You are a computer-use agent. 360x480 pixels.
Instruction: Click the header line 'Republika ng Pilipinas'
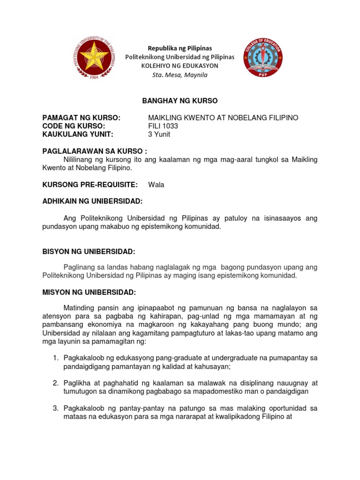[180, 48]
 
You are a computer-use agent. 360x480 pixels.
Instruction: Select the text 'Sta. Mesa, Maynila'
[180, 75]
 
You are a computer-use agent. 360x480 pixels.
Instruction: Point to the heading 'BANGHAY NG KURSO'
[180, 101]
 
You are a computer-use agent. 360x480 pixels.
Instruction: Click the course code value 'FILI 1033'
[163, 126]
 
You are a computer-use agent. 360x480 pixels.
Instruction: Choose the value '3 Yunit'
[159, 135]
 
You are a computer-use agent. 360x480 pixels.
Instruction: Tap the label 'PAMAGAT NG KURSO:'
[82, 118]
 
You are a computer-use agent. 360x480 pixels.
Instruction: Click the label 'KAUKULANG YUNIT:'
[78, 135]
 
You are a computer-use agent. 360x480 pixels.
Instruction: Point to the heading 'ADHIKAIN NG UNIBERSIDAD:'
[92, 201]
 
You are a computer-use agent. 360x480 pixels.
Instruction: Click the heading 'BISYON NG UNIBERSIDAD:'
[89, 252]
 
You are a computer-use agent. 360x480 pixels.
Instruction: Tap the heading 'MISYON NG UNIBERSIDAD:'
[89, 292]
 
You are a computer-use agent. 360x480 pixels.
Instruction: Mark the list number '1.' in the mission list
[55, 358]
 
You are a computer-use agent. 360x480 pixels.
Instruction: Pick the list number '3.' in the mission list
[55, 409]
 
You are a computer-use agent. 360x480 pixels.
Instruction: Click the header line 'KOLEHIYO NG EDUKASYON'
[180, 66]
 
